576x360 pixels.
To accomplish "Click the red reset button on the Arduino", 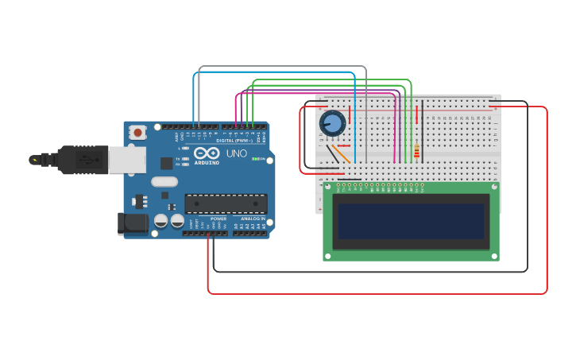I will click(x=138, y=133).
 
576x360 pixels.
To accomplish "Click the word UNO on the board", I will click(x=237, y=153).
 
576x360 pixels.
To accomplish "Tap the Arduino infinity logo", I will click(x=207, y=153).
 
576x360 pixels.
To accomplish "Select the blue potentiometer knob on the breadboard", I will click(x=332, y=123).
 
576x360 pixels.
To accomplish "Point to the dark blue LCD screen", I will click(x=410, y=220).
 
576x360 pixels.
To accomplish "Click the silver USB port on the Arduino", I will click(x=126, y=160).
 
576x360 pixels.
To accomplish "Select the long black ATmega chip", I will click(x=226, y=203).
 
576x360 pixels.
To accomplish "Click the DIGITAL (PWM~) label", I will click(x=235, y=141).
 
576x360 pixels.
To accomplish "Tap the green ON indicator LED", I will click(x=254, y=159).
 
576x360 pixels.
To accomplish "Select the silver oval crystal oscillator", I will click(x=164, y=181).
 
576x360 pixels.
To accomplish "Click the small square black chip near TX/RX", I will click(x=166, y=163).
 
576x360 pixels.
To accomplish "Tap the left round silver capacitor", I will click(x=161, y=220).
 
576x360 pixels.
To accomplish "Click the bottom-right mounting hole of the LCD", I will click(x=493, y=255).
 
